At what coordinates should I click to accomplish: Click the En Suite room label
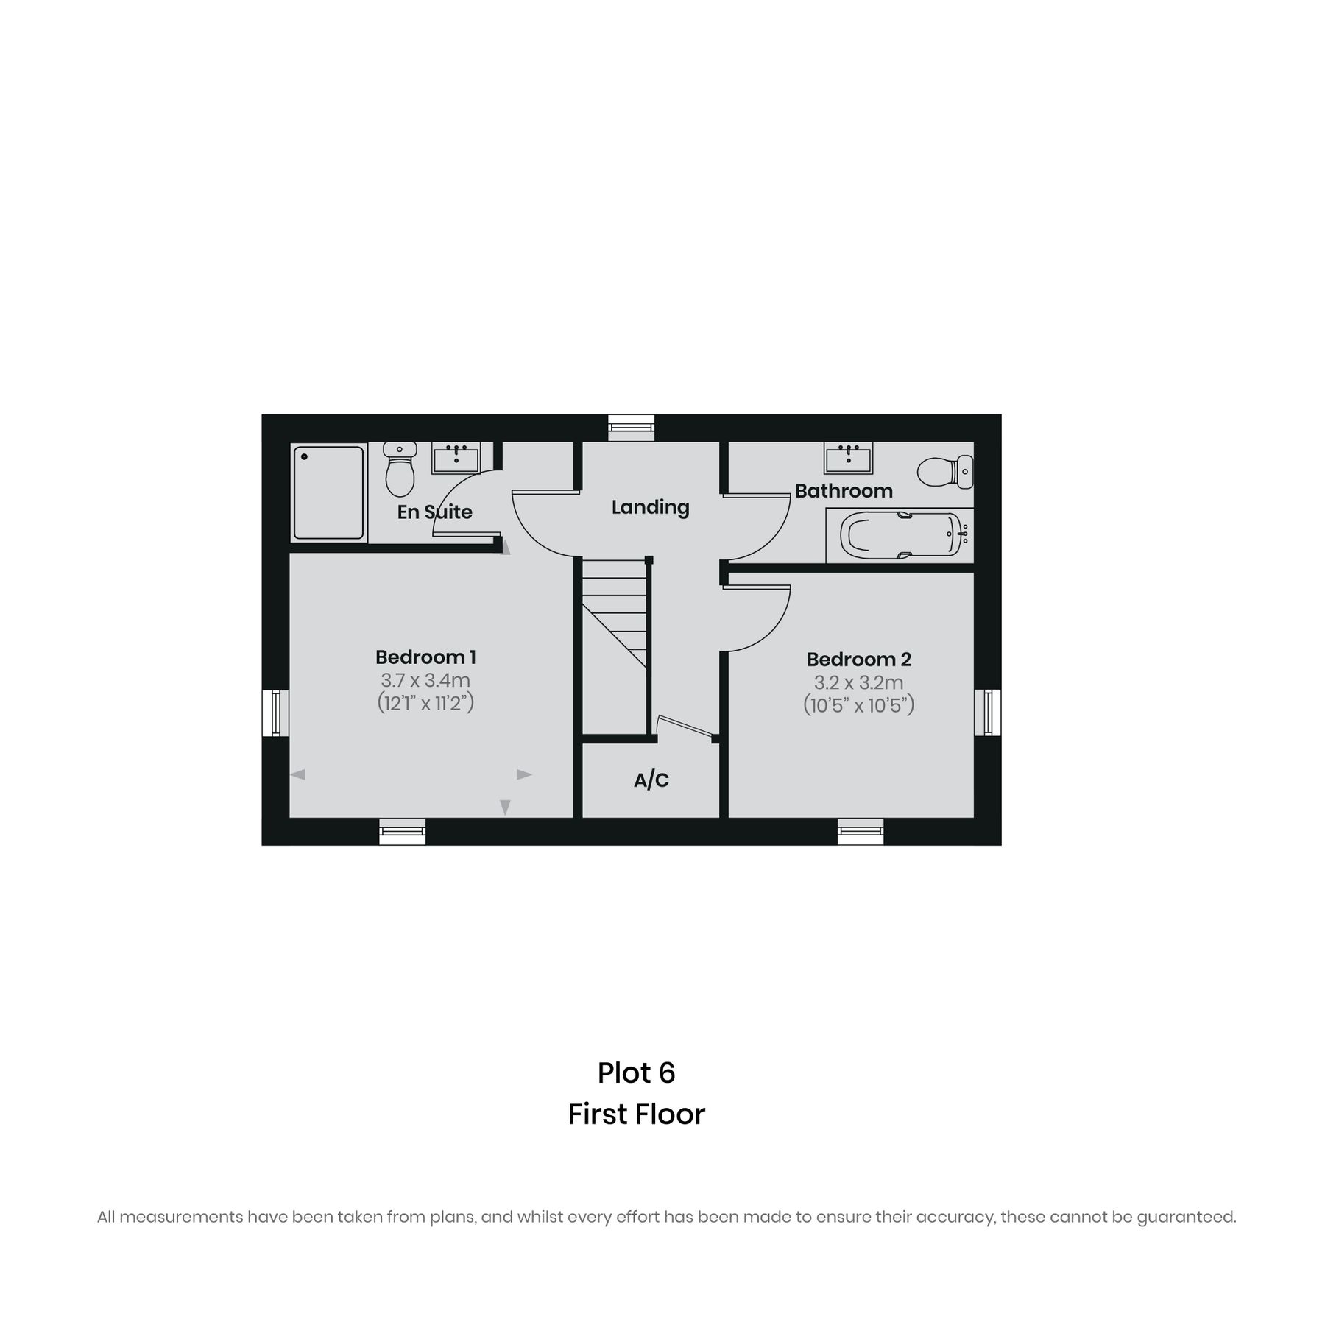coord(434,512)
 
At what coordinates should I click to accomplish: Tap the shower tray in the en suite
coord(328,491)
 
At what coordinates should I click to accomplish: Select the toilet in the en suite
coord(400,469)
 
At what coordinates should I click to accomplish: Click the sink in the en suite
coord(456,458)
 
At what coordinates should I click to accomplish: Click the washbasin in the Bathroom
coord(848,458)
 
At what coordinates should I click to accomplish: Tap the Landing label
coord(650,507)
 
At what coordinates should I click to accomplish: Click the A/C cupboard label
coord(651,780)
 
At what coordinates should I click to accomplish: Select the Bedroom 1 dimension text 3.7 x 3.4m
coord(425,680)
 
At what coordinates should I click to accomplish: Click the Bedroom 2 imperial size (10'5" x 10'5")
coord(858,705)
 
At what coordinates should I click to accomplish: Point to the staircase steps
coord(615,611)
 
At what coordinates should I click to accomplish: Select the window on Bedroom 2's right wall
coord(987,713)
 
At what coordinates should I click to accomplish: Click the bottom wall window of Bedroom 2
coord(860,831)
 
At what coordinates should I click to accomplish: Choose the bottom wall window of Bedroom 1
coord(402,831)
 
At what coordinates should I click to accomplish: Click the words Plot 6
coord(636,1073)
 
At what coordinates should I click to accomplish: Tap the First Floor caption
coord(636,1114)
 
